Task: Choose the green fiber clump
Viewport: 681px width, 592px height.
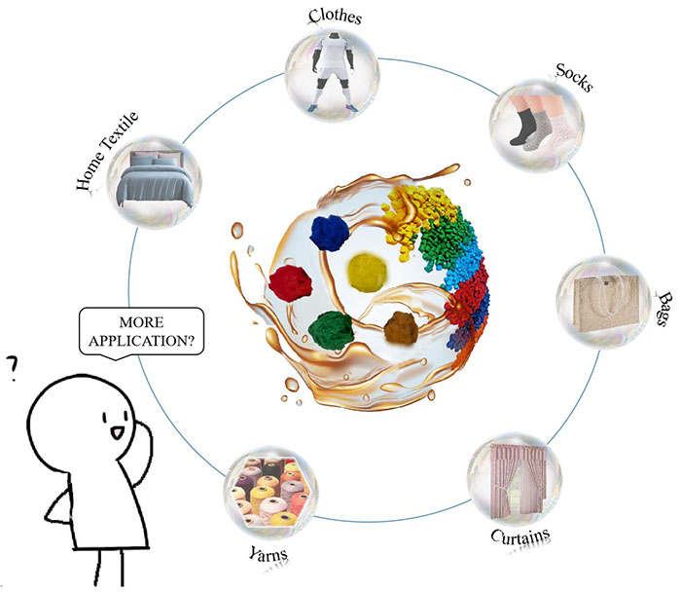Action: point(333,330)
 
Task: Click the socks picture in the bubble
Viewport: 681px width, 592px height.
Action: point(539,116)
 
